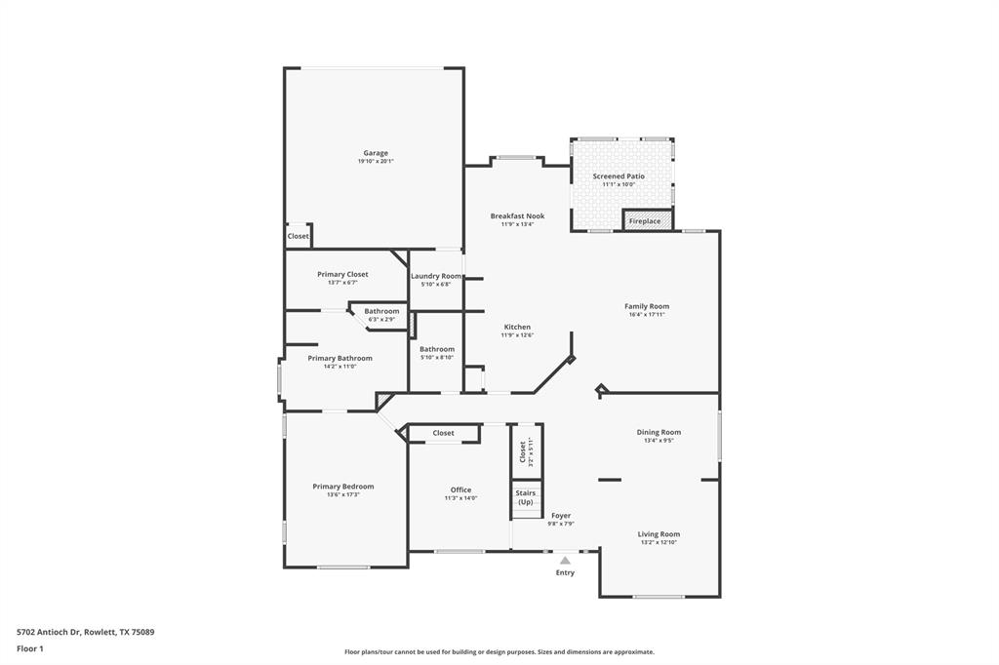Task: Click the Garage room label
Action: click(x=376, y=153)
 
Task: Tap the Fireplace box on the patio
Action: click(x=645, y=221)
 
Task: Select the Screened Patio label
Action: click(x=619, y=176)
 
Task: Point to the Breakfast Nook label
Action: click(x=517, y=215)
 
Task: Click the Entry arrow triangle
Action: click(x=565, y=560)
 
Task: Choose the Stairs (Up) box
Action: click(x=526, y=497)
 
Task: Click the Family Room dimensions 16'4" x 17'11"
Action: click(x=647, y=315)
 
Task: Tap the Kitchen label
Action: click(x=517, y=327)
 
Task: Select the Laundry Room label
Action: click(x=435, y=276)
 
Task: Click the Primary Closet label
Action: click(x=342, y=274)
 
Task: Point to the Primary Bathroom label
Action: click(x=340, y=358)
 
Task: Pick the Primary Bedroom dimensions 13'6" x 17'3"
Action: click(x=343, y=495)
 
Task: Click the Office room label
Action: click(x=460, y=489)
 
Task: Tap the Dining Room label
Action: click(x=659, y=432)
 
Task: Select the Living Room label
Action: click(x=659, y=533)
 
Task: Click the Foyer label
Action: click(x=561, y=515)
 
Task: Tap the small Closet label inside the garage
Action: click(x=298, y=236)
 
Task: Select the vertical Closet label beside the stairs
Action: click(x=523, y=450)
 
